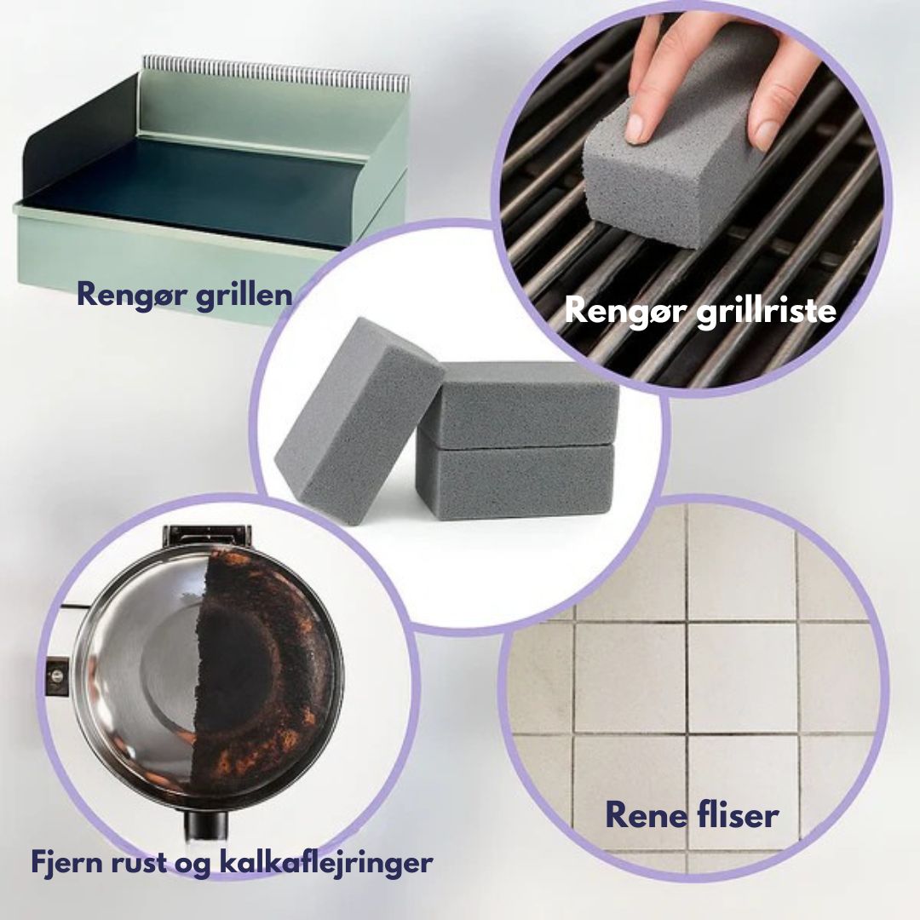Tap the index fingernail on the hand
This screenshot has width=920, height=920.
coord(637,127)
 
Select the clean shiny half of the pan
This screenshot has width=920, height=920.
coord(141,675)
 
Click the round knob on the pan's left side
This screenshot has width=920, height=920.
coord(57,676)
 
